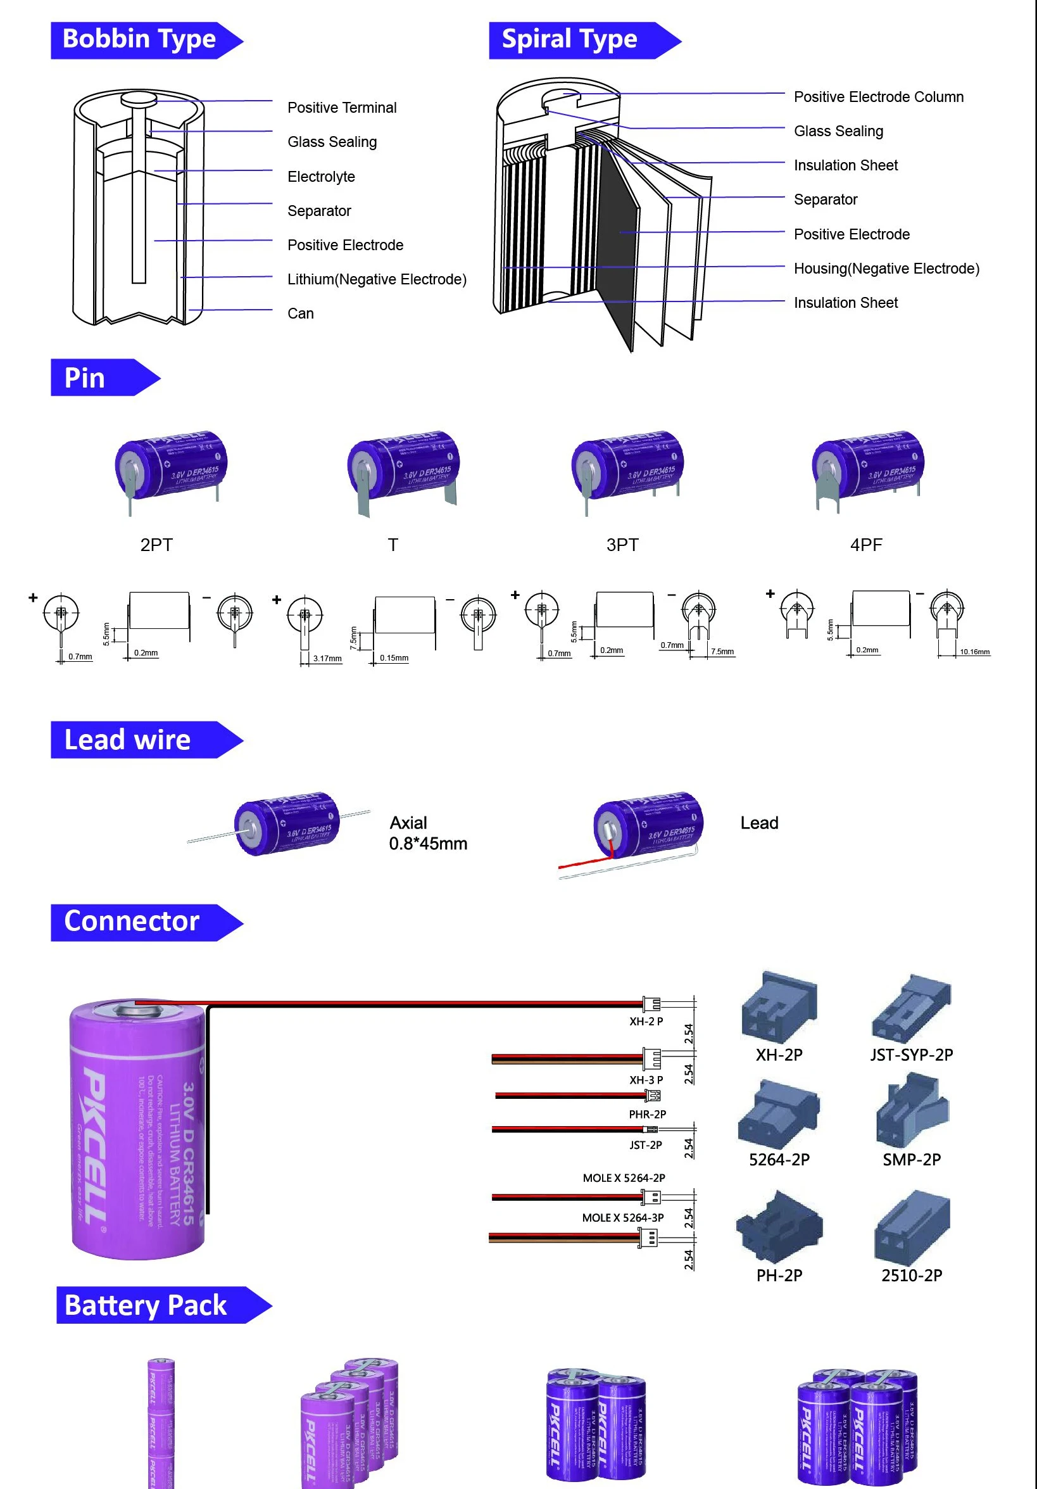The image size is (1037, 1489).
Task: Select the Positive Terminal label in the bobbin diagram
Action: click(342, 108)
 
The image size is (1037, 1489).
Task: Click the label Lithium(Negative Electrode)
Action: click(377, 279)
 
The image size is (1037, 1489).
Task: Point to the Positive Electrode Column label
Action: click(878, 98)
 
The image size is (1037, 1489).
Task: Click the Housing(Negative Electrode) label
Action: click(886, 269)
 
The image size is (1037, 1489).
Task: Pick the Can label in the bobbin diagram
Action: click(300, 314)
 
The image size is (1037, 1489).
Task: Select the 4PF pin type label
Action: click(866, 545)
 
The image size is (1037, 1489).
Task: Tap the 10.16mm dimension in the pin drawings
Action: click(974, 652)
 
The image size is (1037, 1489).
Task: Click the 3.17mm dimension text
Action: click(327, 658)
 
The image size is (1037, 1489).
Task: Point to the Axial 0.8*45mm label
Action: click(427, 833)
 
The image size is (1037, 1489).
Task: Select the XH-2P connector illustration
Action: click(779, 1004)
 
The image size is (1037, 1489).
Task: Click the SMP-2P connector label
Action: click(911, 1160)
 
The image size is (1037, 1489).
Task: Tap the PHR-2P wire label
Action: click(647, 1114)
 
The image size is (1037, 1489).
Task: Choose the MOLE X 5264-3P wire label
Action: click(622, 1218)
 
